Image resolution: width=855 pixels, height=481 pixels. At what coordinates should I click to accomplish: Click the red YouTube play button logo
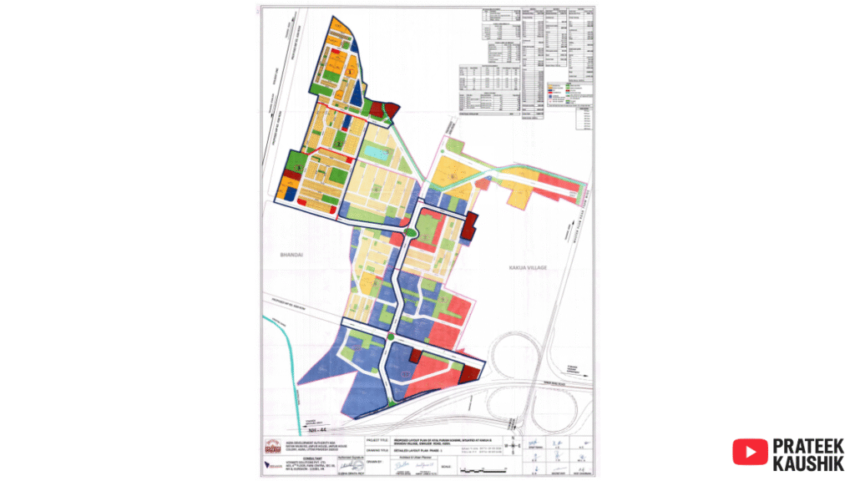coord(750,452)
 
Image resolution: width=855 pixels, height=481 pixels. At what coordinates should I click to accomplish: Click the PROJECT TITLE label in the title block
coord(381,438)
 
